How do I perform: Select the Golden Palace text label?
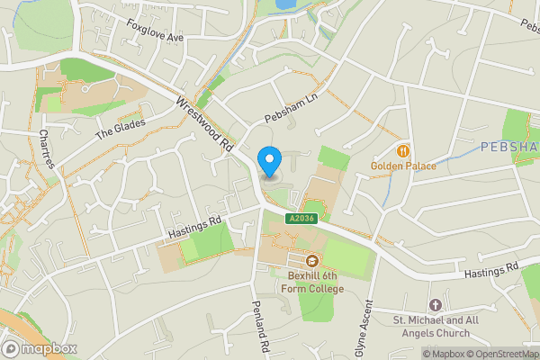point(403,166)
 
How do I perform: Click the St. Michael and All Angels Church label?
point(436,327)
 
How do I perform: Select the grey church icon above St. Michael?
point(436,305)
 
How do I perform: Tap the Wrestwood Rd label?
point(205,124)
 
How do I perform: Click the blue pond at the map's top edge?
point(286,4)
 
